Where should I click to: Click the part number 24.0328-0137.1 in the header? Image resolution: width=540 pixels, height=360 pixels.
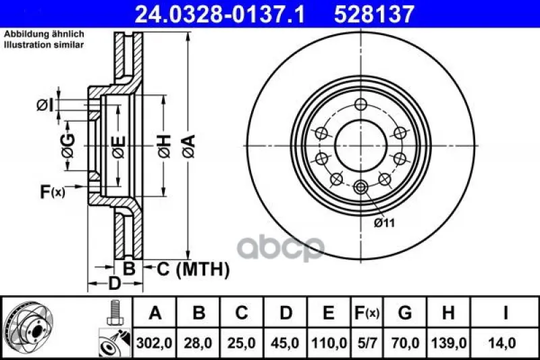[x=220, y=14]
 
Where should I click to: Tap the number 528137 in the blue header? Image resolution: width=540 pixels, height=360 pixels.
[x=374, y=14]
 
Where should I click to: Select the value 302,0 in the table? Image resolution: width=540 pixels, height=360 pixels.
[x=155, y=343]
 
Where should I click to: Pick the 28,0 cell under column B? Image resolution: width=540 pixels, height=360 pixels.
[x=198, y=343]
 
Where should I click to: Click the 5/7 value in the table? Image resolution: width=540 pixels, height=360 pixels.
[x=367, y=343]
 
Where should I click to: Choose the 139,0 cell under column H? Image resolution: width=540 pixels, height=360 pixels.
[x=449, y=343]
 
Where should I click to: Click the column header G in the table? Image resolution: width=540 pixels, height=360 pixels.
[x=404, y=313]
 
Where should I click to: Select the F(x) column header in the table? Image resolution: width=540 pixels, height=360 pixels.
[x=367, y=313]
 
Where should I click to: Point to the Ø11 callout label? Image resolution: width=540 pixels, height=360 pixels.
[x=384, y=223]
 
